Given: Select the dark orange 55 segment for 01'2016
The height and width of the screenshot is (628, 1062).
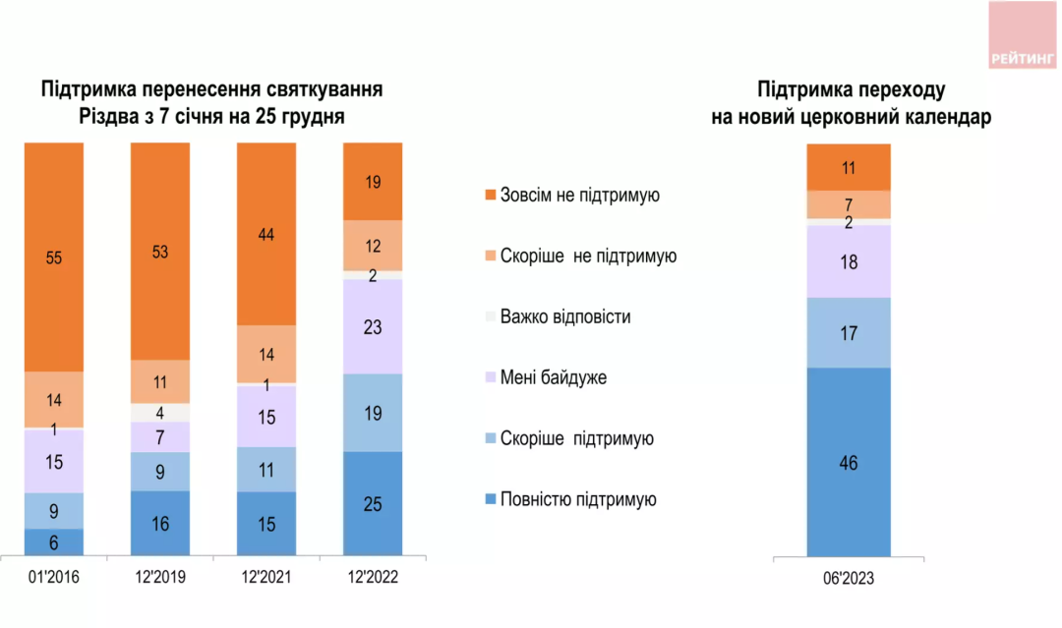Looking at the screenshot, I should pyautogui.click(x=54, y=257).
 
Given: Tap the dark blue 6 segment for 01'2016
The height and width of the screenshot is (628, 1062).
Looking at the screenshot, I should pyautogui.click(x=54, y=542).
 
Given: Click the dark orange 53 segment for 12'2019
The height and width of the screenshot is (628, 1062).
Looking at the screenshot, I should pyautogui.click(x=160, y=252).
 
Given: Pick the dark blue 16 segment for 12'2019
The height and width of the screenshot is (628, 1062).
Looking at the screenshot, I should pyautogui.click(x=160, y=523).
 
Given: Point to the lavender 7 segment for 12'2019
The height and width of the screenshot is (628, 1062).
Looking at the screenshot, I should pyautogui.click(x=160, y=436).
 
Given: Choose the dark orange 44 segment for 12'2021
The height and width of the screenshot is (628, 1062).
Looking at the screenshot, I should pyautogui.click(x=266, y=234).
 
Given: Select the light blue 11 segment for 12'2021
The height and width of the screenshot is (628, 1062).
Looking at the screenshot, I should pyautogui.click(x=266, y=469).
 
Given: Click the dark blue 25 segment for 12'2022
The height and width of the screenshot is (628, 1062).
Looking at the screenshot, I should pyautogui.click(x=373, y=503).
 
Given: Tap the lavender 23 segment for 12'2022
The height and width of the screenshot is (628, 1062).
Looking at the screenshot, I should pyautogui.click(x=373, y=326).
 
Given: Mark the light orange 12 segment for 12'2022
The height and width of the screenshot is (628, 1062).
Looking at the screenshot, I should pyautogui.click(x=373, y=246).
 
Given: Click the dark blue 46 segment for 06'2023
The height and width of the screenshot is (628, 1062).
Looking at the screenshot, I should pyautogui.click(x=849, y=462).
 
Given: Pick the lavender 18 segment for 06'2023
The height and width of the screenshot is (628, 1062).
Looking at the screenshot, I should pyautogui.click(x=849, y=261).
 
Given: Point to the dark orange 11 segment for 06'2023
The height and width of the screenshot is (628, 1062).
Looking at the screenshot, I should pyautogui.click(x=849, y=167).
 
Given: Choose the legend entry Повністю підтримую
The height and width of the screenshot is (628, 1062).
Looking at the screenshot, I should pyautogui.click(x=576, y=499).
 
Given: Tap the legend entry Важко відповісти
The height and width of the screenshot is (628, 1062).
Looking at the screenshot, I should pyautogui.click(x=564, y=316).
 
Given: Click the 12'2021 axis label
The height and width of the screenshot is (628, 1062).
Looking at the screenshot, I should pyautogui.click(x=266, y=579).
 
